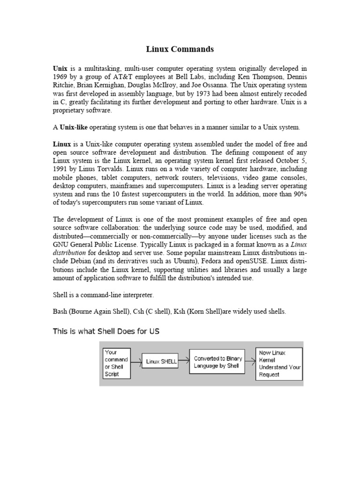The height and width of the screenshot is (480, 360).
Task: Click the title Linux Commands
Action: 180,49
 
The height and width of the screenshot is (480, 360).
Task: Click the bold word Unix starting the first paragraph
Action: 60,68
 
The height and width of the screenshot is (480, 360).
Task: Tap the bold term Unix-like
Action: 74,127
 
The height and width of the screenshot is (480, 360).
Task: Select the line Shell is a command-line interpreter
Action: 103,295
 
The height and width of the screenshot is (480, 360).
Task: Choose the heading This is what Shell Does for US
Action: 106,331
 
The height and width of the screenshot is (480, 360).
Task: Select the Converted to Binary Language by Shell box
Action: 217,361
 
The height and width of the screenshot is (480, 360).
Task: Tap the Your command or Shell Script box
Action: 116,363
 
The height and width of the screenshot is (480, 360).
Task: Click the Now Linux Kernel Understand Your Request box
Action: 279,363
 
